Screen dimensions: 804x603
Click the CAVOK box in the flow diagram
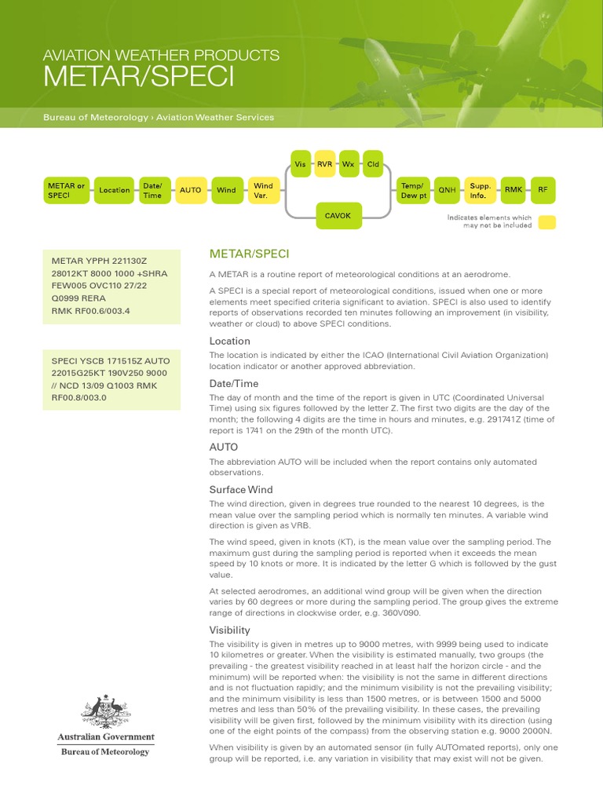click(x=338, y=215)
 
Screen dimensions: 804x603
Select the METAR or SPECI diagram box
click(x=67, y=190)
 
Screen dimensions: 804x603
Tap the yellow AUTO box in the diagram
click(x=191, y=190)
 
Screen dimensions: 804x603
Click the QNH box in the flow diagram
click(x=447, y=190)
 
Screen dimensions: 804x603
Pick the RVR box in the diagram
click(x=324, y=164)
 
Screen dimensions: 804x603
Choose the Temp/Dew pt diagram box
click(x=413, y=190)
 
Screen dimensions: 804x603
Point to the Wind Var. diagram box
click(x=262, y=190)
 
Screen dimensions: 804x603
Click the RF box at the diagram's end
click(x=543, y=190)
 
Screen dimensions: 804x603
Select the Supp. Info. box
click(x=480, y=190)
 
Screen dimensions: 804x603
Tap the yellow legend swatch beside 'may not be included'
click(x=546, y=222)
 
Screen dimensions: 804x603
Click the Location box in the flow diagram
click(x=115, y=190)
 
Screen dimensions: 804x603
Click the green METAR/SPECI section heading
click(x=249, y=254)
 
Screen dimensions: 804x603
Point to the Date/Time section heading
click(x=233, y=383)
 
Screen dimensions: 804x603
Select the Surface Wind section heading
click(x=240, y=489)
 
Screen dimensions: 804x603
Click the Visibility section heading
click(x=229, y=630)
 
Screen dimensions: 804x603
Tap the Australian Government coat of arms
click(x=105, y=712)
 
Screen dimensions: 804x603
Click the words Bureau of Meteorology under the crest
click(x=105, y=751)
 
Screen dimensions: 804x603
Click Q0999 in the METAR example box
click(x=68, y=298)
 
